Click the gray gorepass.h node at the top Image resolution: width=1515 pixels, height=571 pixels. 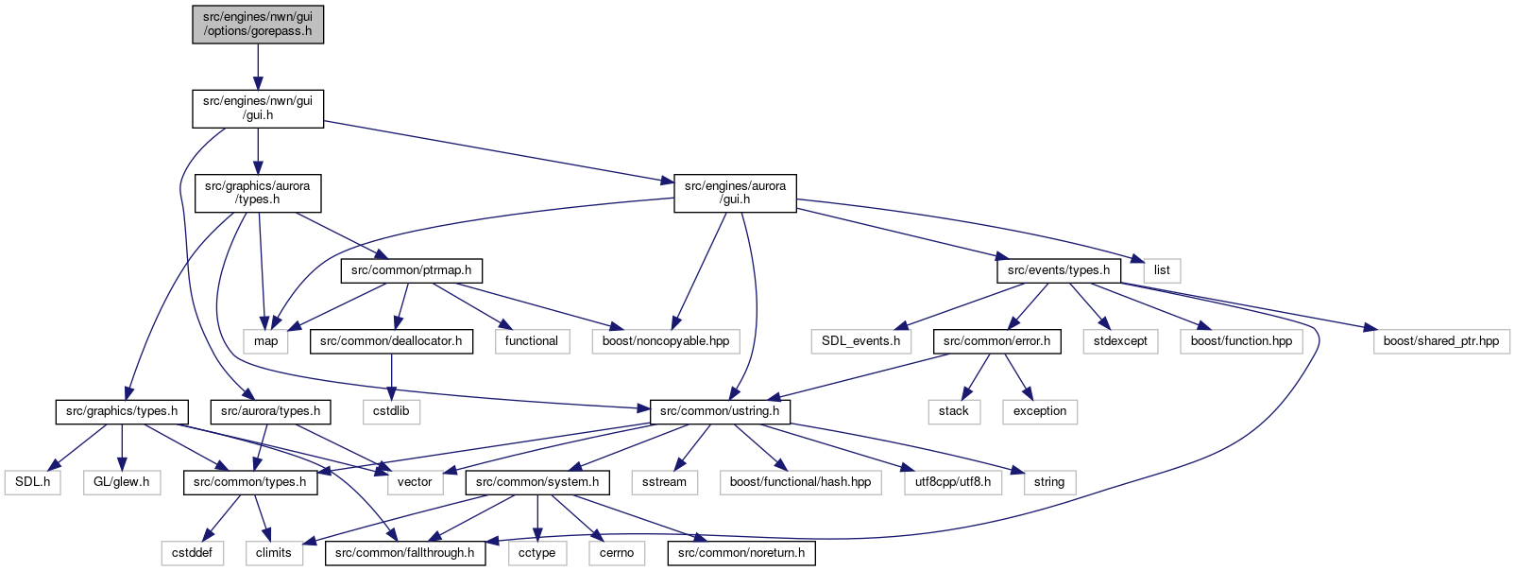[258, 25]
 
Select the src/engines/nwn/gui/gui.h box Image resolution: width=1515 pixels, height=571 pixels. [258, 109]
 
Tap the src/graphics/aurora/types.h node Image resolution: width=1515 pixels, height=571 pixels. [258, 193]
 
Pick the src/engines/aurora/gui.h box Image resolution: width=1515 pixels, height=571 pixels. [735, 193]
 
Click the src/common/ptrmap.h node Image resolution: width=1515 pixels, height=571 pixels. [411, 271]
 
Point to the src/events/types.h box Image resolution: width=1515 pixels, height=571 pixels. [1059, 271]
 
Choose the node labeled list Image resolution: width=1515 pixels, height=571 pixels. [1162, 271]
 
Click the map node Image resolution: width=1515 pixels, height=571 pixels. [265, 341]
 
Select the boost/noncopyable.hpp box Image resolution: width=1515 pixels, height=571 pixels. [666, 341]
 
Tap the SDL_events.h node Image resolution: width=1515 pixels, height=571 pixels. [861, 341]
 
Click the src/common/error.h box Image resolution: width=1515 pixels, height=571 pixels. [996, 341]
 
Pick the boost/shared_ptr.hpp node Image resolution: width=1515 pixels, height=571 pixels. [1441, 341]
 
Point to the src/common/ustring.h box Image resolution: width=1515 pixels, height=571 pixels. [720, 412]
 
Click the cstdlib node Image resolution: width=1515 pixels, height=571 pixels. [392, 412]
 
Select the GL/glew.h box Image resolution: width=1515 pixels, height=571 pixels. [122, 482]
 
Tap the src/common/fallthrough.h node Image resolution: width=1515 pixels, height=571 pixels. [405, 553]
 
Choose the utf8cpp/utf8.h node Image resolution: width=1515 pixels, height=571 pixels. [953, 482]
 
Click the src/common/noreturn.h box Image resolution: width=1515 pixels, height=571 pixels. [741, 553]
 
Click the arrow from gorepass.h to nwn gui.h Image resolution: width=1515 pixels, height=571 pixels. [258, 67]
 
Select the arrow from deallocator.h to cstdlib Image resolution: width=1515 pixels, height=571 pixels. [392, 376]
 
